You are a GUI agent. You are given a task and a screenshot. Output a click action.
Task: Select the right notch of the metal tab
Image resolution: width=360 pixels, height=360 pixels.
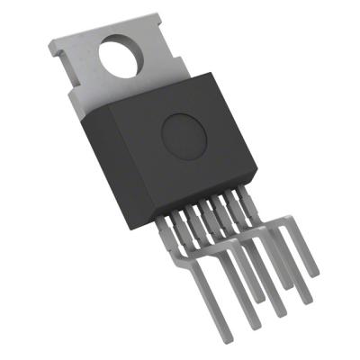pyautogui.click(x=181, y=63)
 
